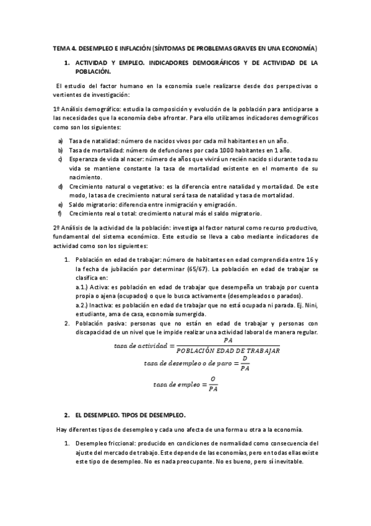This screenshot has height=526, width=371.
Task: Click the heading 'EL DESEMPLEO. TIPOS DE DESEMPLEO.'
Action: click(129, 414)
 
